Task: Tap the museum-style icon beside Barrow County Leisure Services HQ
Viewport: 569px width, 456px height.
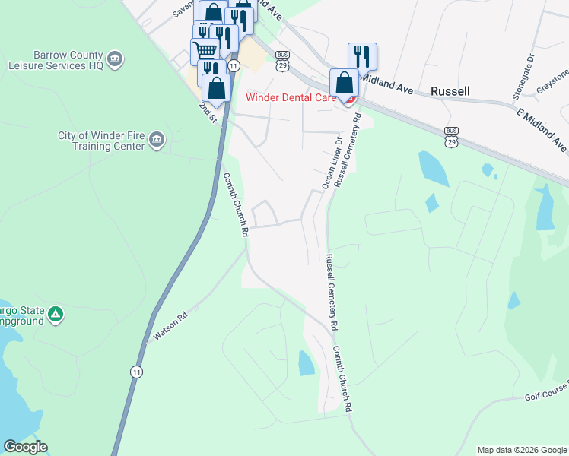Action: (x=115, y=58)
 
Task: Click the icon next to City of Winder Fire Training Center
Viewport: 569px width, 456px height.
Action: (x=157, y=139)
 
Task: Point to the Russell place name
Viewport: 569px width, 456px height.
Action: (x=450, y=91)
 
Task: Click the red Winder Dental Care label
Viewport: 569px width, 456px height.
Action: (x=291, y=97)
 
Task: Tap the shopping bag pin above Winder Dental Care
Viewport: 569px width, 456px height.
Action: (x=344, y=82)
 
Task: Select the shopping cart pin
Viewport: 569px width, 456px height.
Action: (x=205, y=51)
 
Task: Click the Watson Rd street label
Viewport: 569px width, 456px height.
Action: (x=170, y=325)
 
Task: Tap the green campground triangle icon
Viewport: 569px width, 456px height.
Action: (x=55, y=314)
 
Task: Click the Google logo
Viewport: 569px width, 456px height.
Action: (x=25, y=448)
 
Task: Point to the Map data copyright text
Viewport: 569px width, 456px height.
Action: (x=522, y=450)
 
